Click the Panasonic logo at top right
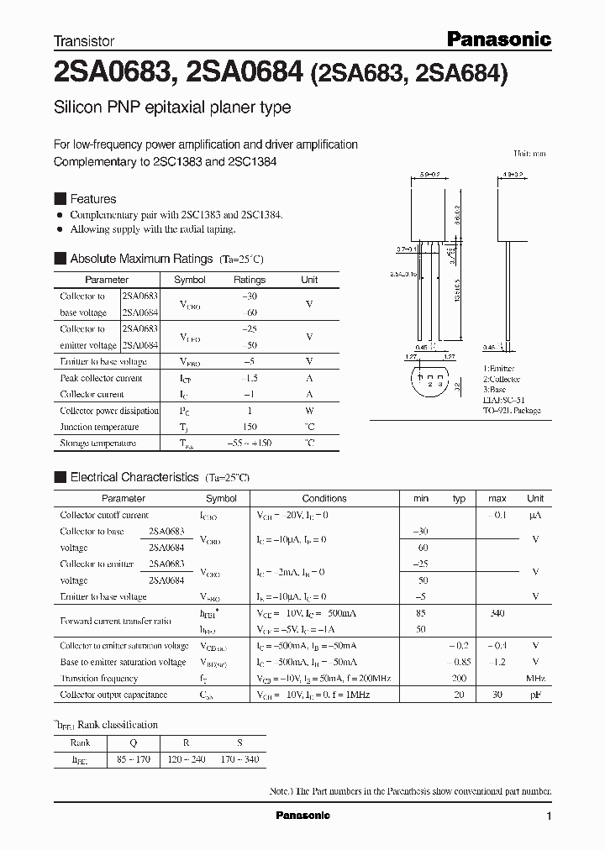[497, 39]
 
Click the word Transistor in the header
[84, 40]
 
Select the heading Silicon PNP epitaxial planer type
[172, 108]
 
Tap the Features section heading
[92, 199]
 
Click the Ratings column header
[250, 280]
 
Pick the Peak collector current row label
[101, 378]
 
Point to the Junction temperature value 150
[249, 427]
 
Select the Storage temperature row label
[97, 443]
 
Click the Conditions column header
[324, 498]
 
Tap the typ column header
[459, 498]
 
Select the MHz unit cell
[535, 678]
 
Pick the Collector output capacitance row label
[113, 695]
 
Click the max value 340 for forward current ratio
[497, 613]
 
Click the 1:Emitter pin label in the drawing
[498, 369]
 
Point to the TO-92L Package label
[512, 411]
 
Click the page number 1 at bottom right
[549, 816]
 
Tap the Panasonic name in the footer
[303, 816]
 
